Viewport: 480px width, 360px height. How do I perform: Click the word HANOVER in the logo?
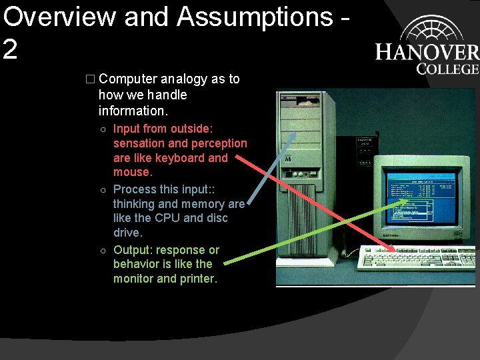(427, 53)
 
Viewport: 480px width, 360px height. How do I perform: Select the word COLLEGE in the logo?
(447, 68)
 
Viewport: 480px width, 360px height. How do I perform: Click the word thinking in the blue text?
(135, 204)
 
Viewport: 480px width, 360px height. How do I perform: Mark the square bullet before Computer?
(91, 79)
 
